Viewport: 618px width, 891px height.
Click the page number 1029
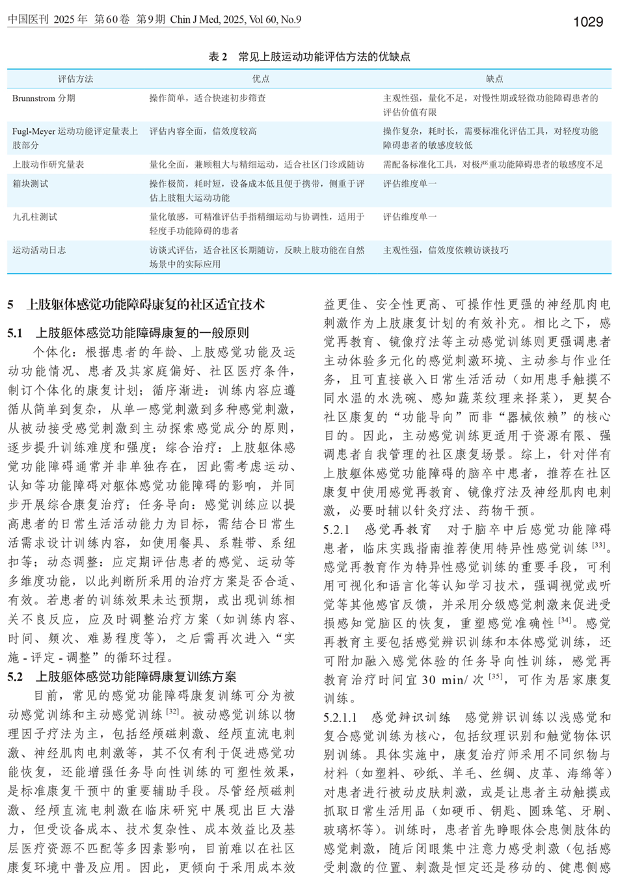coord(588,21)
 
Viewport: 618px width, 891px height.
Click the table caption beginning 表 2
coord(309,57)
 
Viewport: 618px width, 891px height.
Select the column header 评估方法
coord(75,79)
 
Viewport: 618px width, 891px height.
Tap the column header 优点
coord(261,79)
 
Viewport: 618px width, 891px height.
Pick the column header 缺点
coord(494,79)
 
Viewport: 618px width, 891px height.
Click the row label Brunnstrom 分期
coord(44,98)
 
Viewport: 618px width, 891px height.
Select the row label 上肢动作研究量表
coord(48,165)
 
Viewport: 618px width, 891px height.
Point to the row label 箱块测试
coord(30,184)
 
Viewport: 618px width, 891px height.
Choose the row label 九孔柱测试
coord(34,217)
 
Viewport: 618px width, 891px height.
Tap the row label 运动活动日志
coord(39,250)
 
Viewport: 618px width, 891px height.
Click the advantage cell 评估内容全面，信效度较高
coord(203,131)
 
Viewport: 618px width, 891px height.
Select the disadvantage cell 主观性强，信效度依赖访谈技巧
coord(446,250)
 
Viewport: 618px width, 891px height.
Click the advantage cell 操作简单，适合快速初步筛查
coord(208,98)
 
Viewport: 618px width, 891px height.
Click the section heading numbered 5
coord(136,304)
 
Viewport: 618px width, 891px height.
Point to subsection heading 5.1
coord(128,333)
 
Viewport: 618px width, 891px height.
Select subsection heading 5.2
coord(122,677)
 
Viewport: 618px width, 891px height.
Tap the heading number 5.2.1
coord(336,529)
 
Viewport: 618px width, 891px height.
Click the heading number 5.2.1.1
coord(340,717)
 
